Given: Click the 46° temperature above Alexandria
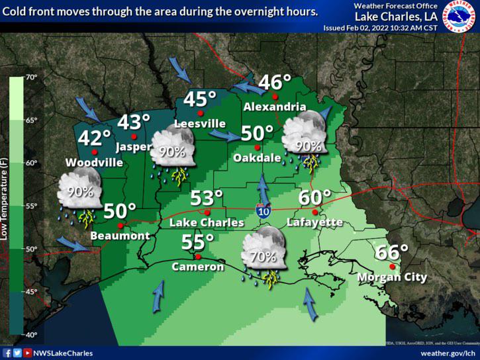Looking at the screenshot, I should click(x=275, y=83).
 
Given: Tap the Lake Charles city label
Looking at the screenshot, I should click(x=207, y=223).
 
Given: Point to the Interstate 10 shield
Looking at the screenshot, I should click(x=263, y=210).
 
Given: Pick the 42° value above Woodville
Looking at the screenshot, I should click(x=95, y=138).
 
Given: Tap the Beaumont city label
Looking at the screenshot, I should click(x=120, y=236).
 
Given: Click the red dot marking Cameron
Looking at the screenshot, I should click(x=197, y=256).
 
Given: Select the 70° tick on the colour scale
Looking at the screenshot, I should click(x=32, y=77).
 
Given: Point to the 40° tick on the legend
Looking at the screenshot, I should click(x=32, y=334).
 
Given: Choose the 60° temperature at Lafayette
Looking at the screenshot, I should click(x=314, y=197).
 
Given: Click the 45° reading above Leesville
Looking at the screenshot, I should click(x=200, y=99).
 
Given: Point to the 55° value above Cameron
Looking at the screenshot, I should click(x=198, y=242).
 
